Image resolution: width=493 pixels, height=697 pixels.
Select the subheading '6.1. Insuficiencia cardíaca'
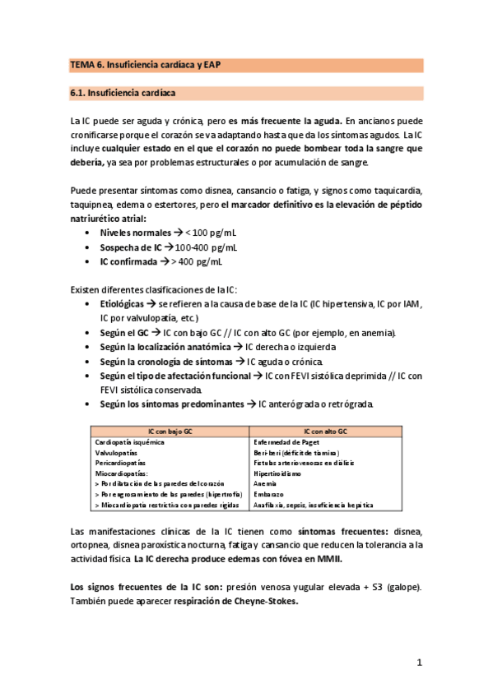click(123, 93)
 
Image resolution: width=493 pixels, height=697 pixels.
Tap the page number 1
click(419, 662)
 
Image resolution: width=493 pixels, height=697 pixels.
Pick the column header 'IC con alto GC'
click(325, 431)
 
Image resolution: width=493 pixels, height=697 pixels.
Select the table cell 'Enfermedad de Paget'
click(291, 442)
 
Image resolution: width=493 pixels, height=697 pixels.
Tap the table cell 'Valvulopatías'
click(116, 452)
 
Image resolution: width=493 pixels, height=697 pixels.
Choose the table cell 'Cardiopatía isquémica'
click(129, 442)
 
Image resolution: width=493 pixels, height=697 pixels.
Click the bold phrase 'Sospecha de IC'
click(128, 247)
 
